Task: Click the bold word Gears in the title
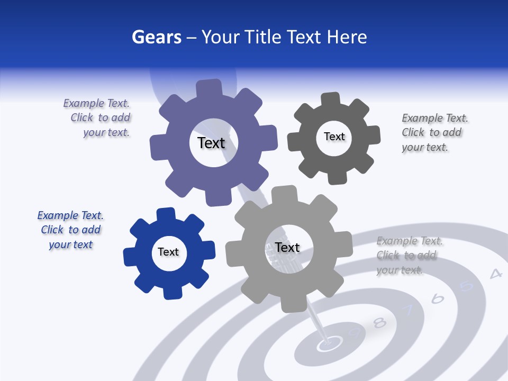pos(157,37)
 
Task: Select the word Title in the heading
pos(264,37)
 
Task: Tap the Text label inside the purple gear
pos(211,143)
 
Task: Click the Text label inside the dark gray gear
pos(334,137)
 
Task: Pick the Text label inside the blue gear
pos(168,252)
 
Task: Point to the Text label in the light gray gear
pos(287,247)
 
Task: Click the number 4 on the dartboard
pos(495,274)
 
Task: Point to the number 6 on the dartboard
pos(438,299)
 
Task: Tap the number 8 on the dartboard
pos(379,322)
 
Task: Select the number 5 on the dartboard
pos(466,286)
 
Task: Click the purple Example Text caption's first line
pos(96,103)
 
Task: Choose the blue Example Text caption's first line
pos(70,215)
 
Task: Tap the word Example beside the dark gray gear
pos(422,118)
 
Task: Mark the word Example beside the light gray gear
pos(396,241)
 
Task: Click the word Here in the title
pos(347,37)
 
